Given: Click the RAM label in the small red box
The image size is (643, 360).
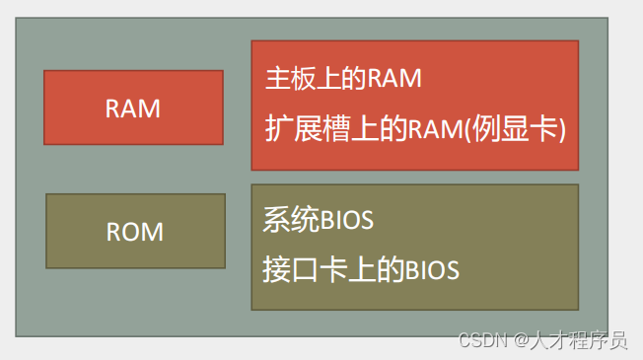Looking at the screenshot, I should pyautogui.click(x=133, y=108).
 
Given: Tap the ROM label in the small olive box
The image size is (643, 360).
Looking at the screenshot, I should pyautogui.click(x=135, y=233).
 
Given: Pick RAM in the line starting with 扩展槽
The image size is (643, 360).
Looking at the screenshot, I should pyautogui.click(x=449, y=129).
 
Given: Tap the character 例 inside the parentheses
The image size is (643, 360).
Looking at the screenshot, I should pyautogui.click(x=499, y=129).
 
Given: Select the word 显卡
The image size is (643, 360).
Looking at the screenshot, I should pyautogui.click(x=536, y=129).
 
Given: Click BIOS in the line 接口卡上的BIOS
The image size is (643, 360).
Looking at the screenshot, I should pyautogui.click(x=433, y=269).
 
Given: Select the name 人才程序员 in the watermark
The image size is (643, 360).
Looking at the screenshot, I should pyautogui.click(x=581, y=341).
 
